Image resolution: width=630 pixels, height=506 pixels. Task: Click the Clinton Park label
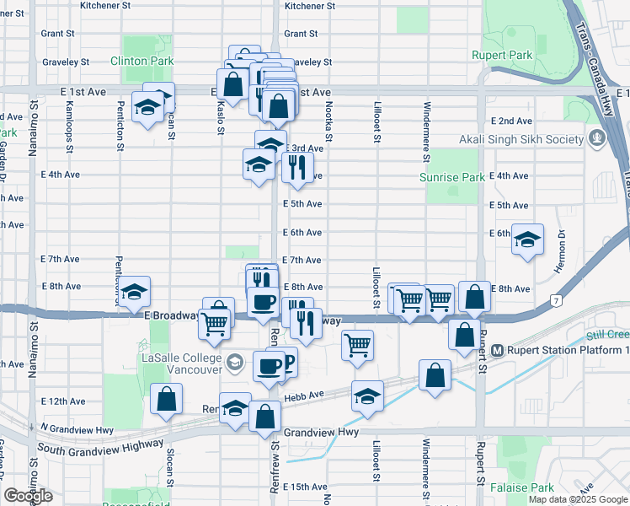(x=141, y=62)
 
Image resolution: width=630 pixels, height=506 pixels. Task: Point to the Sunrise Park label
(x=452, y=178)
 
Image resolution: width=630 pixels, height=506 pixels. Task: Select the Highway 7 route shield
(x=556, y=299)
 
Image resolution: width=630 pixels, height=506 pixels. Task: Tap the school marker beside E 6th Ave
(x=528, y=240)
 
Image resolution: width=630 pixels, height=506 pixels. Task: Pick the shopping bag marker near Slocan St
(x=166, y=398)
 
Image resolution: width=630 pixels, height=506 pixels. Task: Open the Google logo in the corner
(x=28, y=496)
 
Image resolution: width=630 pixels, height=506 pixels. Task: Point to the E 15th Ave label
(x=305, y=487)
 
